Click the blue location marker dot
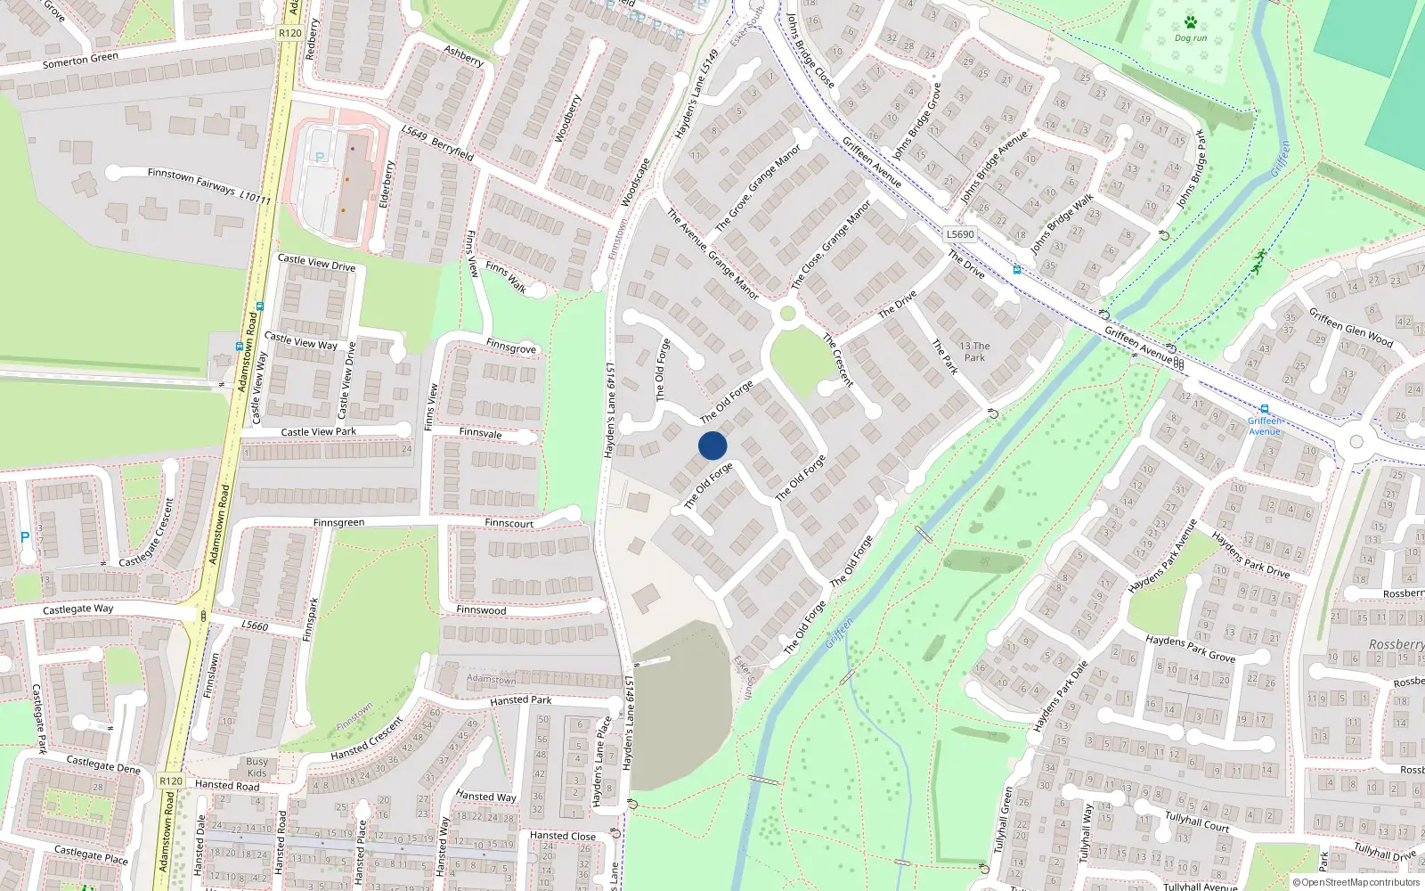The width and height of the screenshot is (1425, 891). pos(712,445)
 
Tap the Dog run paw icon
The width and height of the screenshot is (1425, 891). pos(1191,22)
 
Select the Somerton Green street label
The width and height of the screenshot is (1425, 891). pos(80,60)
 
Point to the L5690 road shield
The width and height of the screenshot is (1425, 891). pos(960,234)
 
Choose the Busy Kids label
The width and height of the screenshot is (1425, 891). pos(256,767)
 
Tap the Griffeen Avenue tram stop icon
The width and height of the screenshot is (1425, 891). pos(1264,409)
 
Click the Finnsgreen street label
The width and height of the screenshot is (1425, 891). pos(338,523)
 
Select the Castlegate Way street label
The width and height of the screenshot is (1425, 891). pos(78,609)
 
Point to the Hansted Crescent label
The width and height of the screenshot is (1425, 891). pos(366,740)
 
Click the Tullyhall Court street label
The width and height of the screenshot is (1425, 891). pos(1197,822)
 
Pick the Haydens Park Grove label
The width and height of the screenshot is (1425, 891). pos(1190,648)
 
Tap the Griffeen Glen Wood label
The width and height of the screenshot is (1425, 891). pos(1350,326)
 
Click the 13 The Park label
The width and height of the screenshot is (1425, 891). pos(974,351)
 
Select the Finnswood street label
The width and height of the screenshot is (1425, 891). pos(481,610)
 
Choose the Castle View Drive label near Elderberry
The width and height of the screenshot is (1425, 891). pos(316,264)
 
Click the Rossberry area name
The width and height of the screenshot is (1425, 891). pos(1396,644)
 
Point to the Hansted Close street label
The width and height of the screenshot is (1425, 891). pos(562,836)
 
